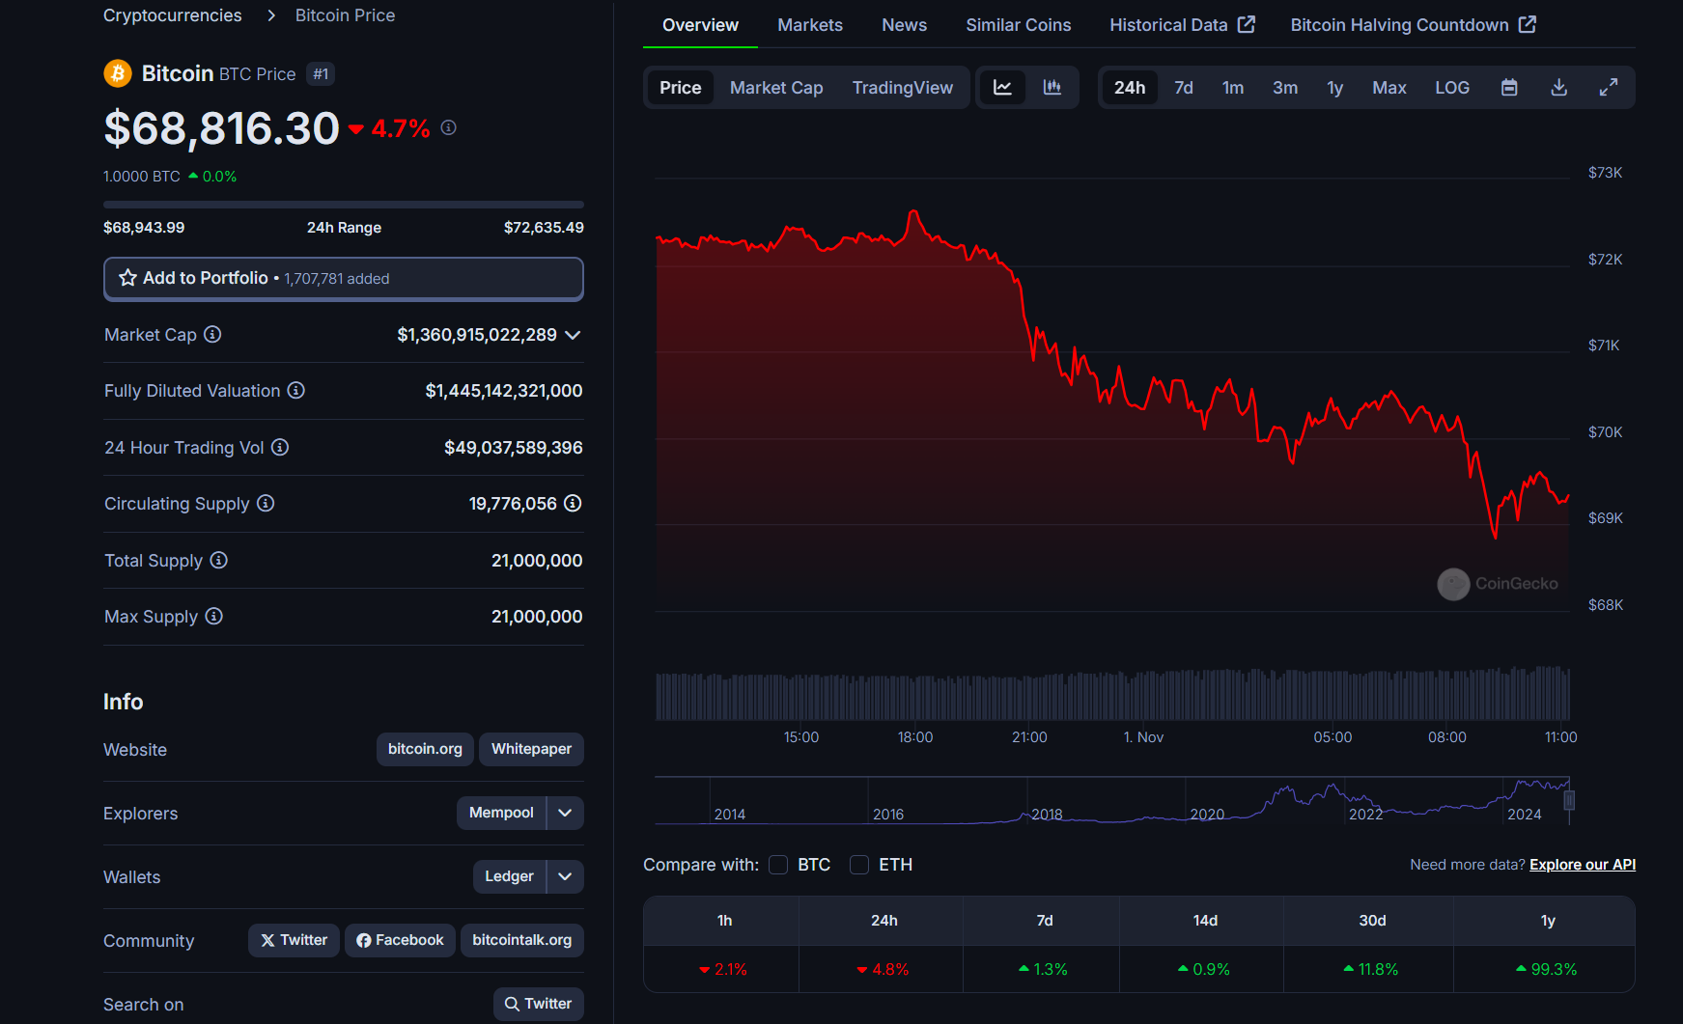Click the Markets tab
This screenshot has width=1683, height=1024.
pyautogui.click(x=809, y=25)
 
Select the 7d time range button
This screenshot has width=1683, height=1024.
pyautogui.click(x=1183, y=88)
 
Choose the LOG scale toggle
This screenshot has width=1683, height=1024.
pyautogui.click(x=1451, y=88)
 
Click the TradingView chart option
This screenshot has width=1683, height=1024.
pyautogui.click(x=902, y=88)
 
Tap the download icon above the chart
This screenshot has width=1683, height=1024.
pyautogui.click(x=1558, y=88)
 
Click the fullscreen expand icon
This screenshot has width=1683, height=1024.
pyautogui.click(x=1608, y=88)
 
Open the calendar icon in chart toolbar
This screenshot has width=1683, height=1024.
pyautogui.click(x=1509, y=88)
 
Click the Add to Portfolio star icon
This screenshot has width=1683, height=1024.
pyautogui.click(x=127, y=278)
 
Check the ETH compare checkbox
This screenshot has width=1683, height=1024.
pyautogui.click(x=859, y=865)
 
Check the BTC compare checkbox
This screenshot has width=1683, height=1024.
pyautogui.click(x=778, y=865)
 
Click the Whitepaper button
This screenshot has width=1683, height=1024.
pyautogui.click(x=531, y=749)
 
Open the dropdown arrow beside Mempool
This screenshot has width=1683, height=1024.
pyautogui.click(x=565, y=813)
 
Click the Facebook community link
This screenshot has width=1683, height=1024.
pyautogui.click(x=400, y=940)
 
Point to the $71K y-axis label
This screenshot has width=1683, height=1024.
pyautogui.click(x=1604, y=346)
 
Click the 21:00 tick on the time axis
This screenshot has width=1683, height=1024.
pyautogui.click(x=1029, y=737)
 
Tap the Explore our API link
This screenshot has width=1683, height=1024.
pyautogui.click(x=1582, y=865)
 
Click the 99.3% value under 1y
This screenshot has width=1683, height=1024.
pyautogui.click(x=1553, y=969)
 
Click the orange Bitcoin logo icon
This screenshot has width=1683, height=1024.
pyautogui.click(x=118, y=73)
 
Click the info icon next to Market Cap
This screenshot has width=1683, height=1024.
pyautogui.click(x=212, y=334)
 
